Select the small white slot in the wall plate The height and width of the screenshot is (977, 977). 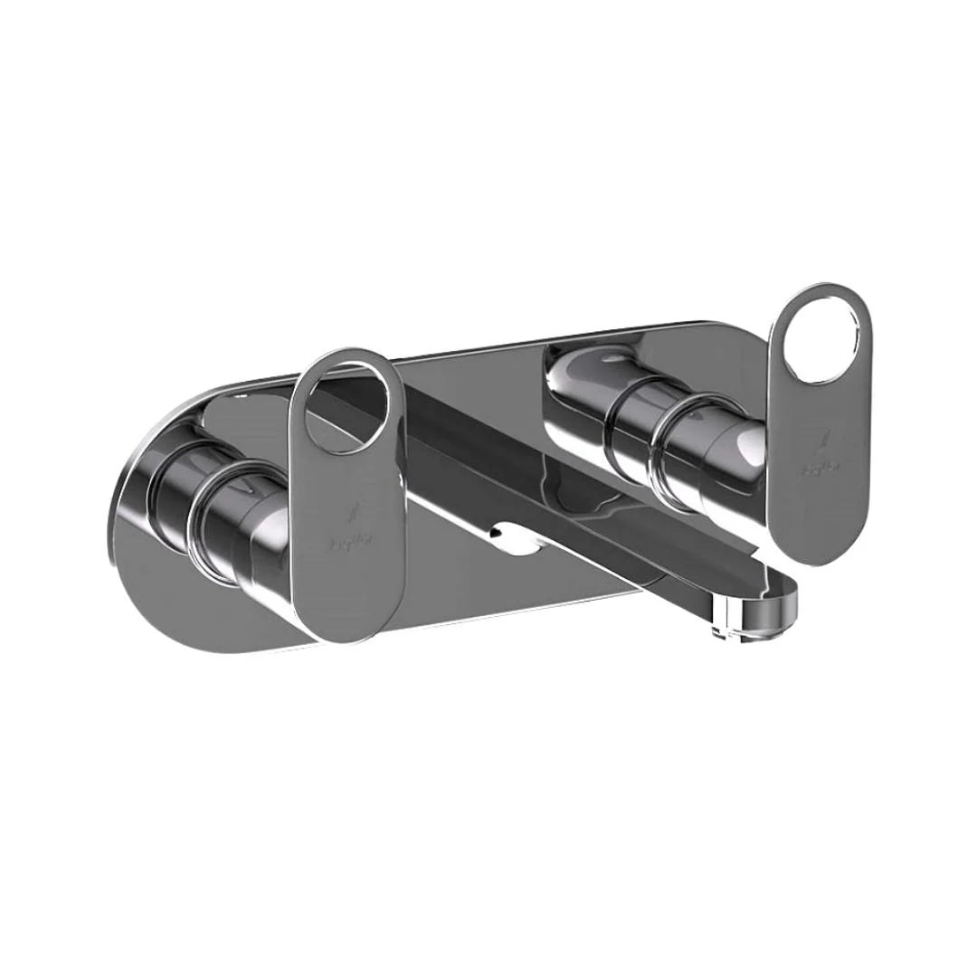tap(511, 541)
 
